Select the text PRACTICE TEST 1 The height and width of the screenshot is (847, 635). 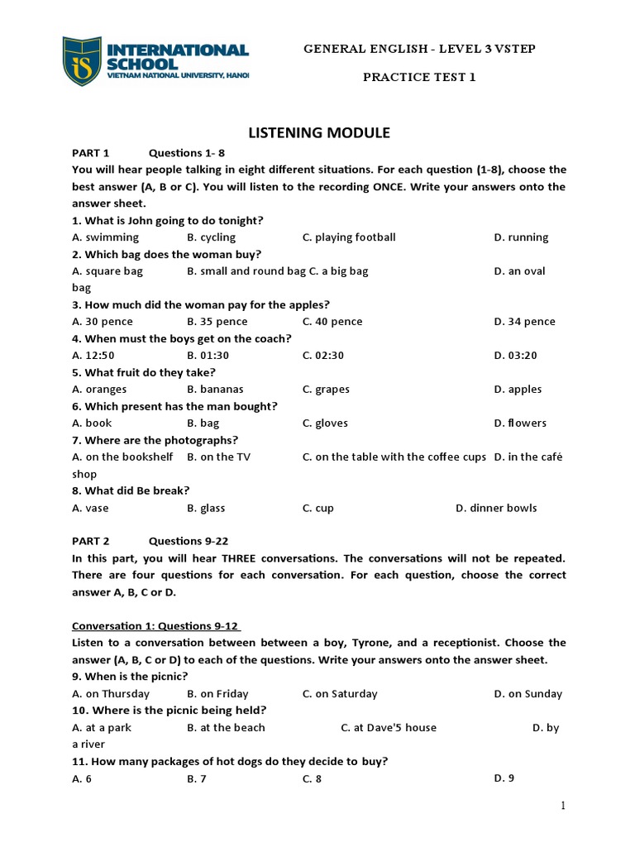[x=420, y=77]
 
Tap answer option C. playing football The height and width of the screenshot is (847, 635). [x=349, y=237]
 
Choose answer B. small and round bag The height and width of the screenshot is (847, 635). [x=246, y=271]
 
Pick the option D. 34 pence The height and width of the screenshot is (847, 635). [x=524, y=322]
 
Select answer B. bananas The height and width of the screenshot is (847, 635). [x=215, y=390]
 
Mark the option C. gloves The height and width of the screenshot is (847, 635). [x=325, y=423]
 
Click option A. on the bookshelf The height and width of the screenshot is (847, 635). [x=122, y=457]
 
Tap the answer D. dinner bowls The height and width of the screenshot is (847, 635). [x=496, y=508]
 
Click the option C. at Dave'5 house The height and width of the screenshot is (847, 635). [x=389, y=728]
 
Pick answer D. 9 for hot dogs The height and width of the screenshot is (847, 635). [x=504, y=778]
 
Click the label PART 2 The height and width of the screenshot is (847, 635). [x=91, y=541]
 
